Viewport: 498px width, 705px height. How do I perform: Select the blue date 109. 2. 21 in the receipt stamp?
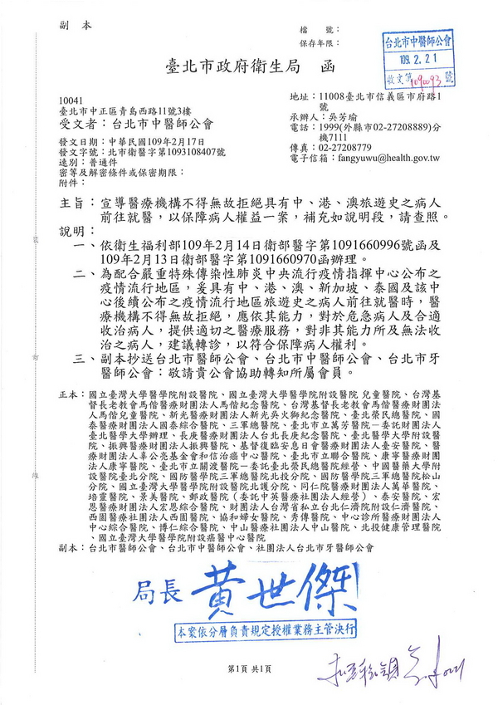(416, 61)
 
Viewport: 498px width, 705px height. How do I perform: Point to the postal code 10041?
(72, 100)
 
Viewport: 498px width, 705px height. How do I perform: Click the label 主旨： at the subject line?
(73, 202)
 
